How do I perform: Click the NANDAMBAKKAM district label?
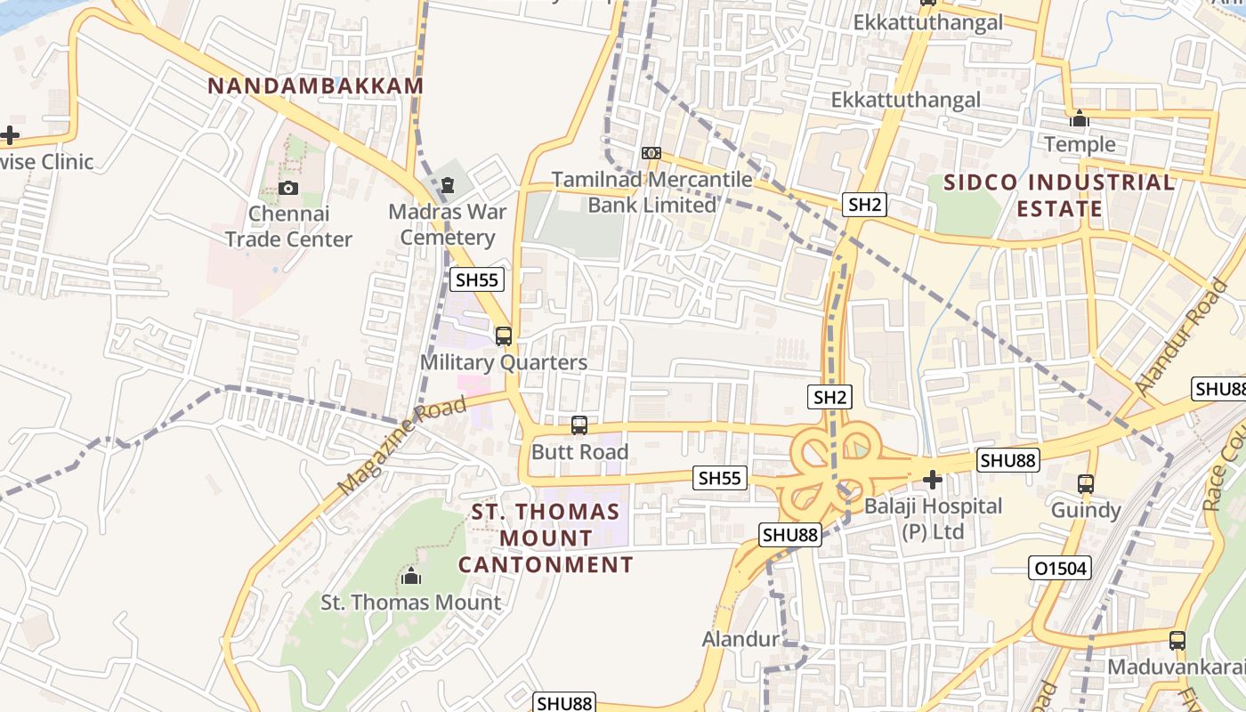coord(315,86)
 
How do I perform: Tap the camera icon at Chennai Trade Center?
coord(287,188)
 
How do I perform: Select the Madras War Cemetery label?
coord(448,225)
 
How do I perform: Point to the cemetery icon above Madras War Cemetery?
coord(447,185)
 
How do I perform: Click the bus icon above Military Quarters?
coord(504,336)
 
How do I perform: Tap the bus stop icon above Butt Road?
coord(579,425)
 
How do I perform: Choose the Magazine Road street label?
coord(402,446)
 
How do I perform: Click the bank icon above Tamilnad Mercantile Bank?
coord(651,153)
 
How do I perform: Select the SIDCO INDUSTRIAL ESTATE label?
coord(1059,196)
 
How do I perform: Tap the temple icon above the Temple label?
coord(1080,118)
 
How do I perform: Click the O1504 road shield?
coord(1060,568)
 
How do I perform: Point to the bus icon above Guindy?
coord(1086,484)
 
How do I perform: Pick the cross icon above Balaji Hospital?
coord(932,481)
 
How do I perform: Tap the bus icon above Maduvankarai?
coord(1177,640)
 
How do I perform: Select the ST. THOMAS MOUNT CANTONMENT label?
coord(546,538)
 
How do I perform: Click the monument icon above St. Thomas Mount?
coord(410,577)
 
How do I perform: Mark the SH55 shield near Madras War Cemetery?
coord(477,279)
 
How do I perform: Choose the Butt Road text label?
coord(579,452)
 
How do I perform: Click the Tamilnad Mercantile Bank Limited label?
coord(651,192)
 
